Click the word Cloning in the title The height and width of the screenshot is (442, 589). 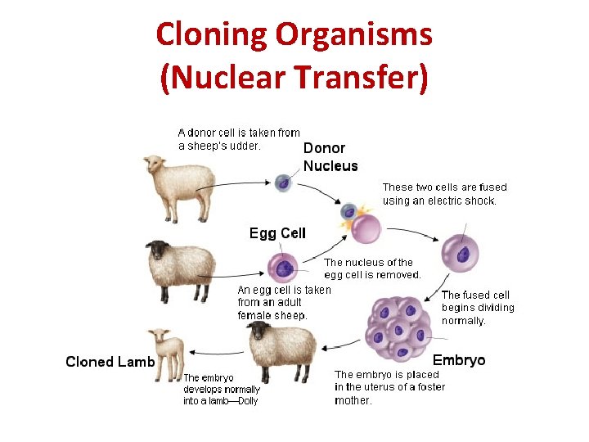pyautogui.click(x=212, y=35)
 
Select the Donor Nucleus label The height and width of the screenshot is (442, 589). pyautogui.click(x=330, y=156)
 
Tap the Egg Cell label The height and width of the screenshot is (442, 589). pyautogui.click(x=277, y=233)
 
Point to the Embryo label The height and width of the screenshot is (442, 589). pyautogui.click(x=458, y=360)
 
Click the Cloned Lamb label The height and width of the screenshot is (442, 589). pyautogui.click(x=110, y=362)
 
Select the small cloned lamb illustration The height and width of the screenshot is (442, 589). pyautogui.click(x=167, y=354)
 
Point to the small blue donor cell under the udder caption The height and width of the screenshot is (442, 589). pyautogui.click(x=283, y=183)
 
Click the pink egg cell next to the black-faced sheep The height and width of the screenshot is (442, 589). pyautogui.click(x=284, y=267)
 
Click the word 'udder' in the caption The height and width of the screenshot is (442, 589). pyautogui.click(x=245, y=147)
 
